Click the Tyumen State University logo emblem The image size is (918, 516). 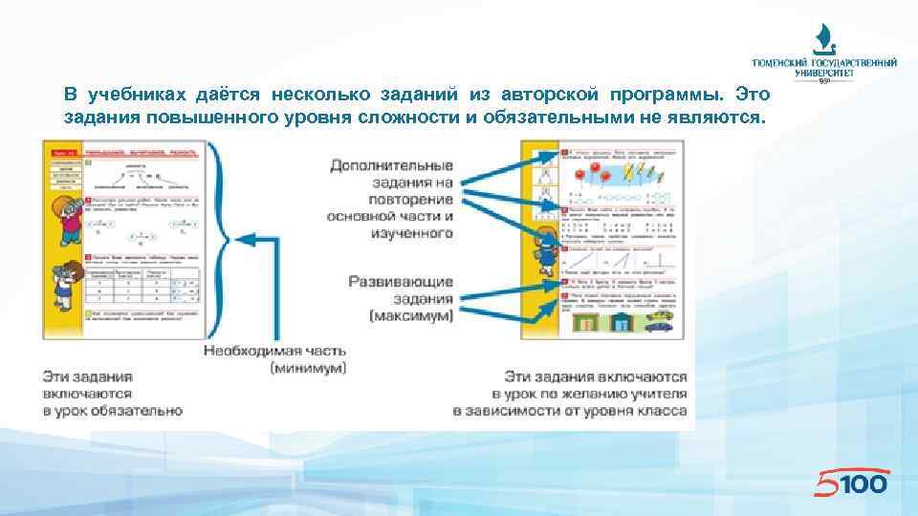[x=823, y=39]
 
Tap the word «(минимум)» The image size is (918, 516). [x=308, y=368]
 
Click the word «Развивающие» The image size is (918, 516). [x=400, y=283]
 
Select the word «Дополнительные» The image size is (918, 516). [x=391, y=164]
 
